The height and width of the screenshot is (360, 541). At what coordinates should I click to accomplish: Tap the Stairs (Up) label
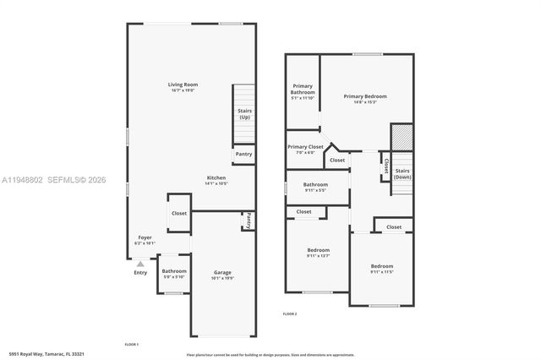(x=244, y=114)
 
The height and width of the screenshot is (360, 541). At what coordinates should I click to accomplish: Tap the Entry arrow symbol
(x=140, y=264)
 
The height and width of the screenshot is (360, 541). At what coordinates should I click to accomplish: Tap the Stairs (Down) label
(x=402, y=174)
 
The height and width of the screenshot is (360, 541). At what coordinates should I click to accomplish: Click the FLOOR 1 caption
(x=131, y=345)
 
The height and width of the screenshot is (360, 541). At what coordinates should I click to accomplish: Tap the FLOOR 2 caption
(x=290, y=314)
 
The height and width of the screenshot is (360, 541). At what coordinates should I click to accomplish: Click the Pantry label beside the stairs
(x=243, y=154)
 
